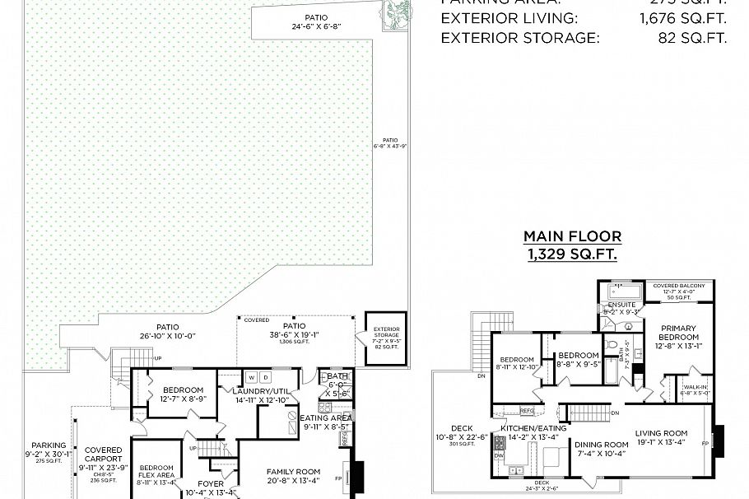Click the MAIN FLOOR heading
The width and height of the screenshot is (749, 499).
click(x=572, y=236)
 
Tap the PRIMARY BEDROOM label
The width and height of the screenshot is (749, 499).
click(x=678, y=333)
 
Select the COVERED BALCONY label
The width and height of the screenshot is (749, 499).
click(x=679, y=286)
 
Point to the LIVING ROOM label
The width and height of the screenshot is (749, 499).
click(x=661, y=433)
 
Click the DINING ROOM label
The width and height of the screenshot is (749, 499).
click(x=600, y=444)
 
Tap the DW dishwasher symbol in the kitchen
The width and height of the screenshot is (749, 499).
click(x=499, y=455)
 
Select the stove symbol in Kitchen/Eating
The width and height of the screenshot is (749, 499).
click(x=499, y=443)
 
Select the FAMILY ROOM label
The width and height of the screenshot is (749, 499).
click(x=293, y=472)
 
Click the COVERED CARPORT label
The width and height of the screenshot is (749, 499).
click(x=103, y=455)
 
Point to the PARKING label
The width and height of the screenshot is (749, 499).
click(x=49, y=445)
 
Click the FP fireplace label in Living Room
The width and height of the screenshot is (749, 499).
click(x=704, y=442)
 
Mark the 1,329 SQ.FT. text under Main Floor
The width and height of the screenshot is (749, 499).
click(x=572, y=254)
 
